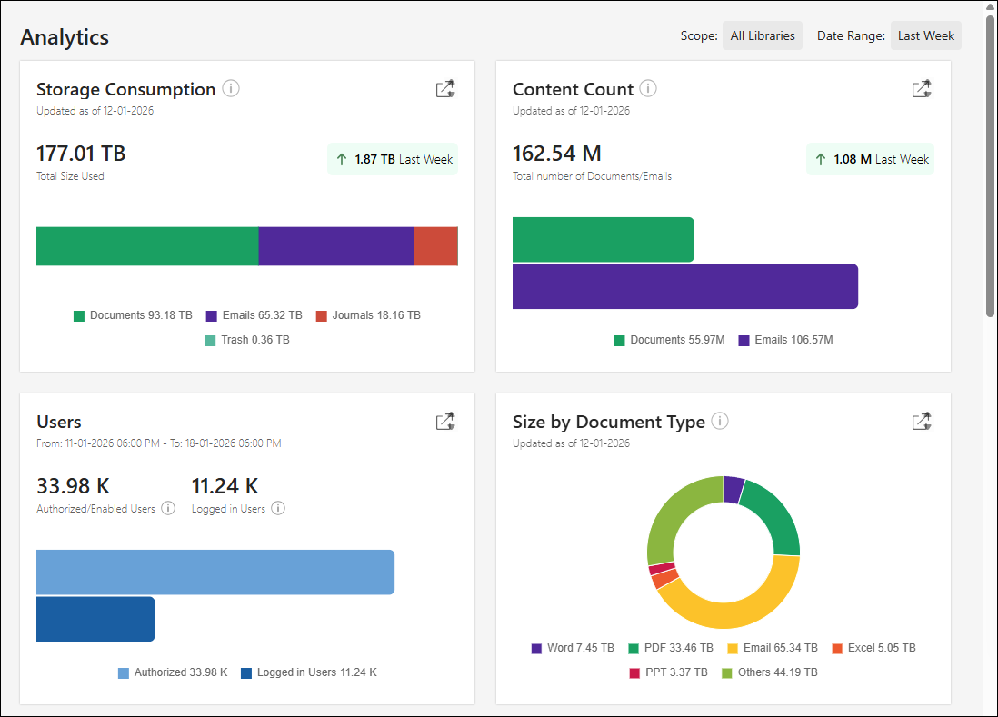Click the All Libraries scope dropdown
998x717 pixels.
click(x=762, y=35)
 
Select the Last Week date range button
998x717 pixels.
click(x=925, y=35)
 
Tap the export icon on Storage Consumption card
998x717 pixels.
click(x=444, y=89)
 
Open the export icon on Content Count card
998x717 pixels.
click(x=921, y=89)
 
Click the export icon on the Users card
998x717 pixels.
click(x=444, y=422)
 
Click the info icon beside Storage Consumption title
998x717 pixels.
click(x=231, y=89)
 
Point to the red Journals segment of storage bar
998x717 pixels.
click(x=435, y=246)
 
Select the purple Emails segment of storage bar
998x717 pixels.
click(x=335, y=246)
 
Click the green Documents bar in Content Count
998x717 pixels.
click(x=603, y=240)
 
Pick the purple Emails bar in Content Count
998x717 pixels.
click(x=684, y=286)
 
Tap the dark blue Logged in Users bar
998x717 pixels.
click(x=95, y=619)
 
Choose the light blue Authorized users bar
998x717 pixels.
click(x=215, y=573)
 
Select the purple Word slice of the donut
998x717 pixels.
click(x=733, y=489)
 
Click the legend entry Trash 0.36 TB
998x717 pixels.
click(x=247, y=340)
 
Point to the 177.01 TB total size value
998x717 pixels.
click(x=81, y=153)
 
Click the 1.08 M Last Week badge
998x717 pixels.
click(x=870, y=159)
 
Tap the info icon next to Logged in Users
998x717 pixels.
click(x=278, y=509)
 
